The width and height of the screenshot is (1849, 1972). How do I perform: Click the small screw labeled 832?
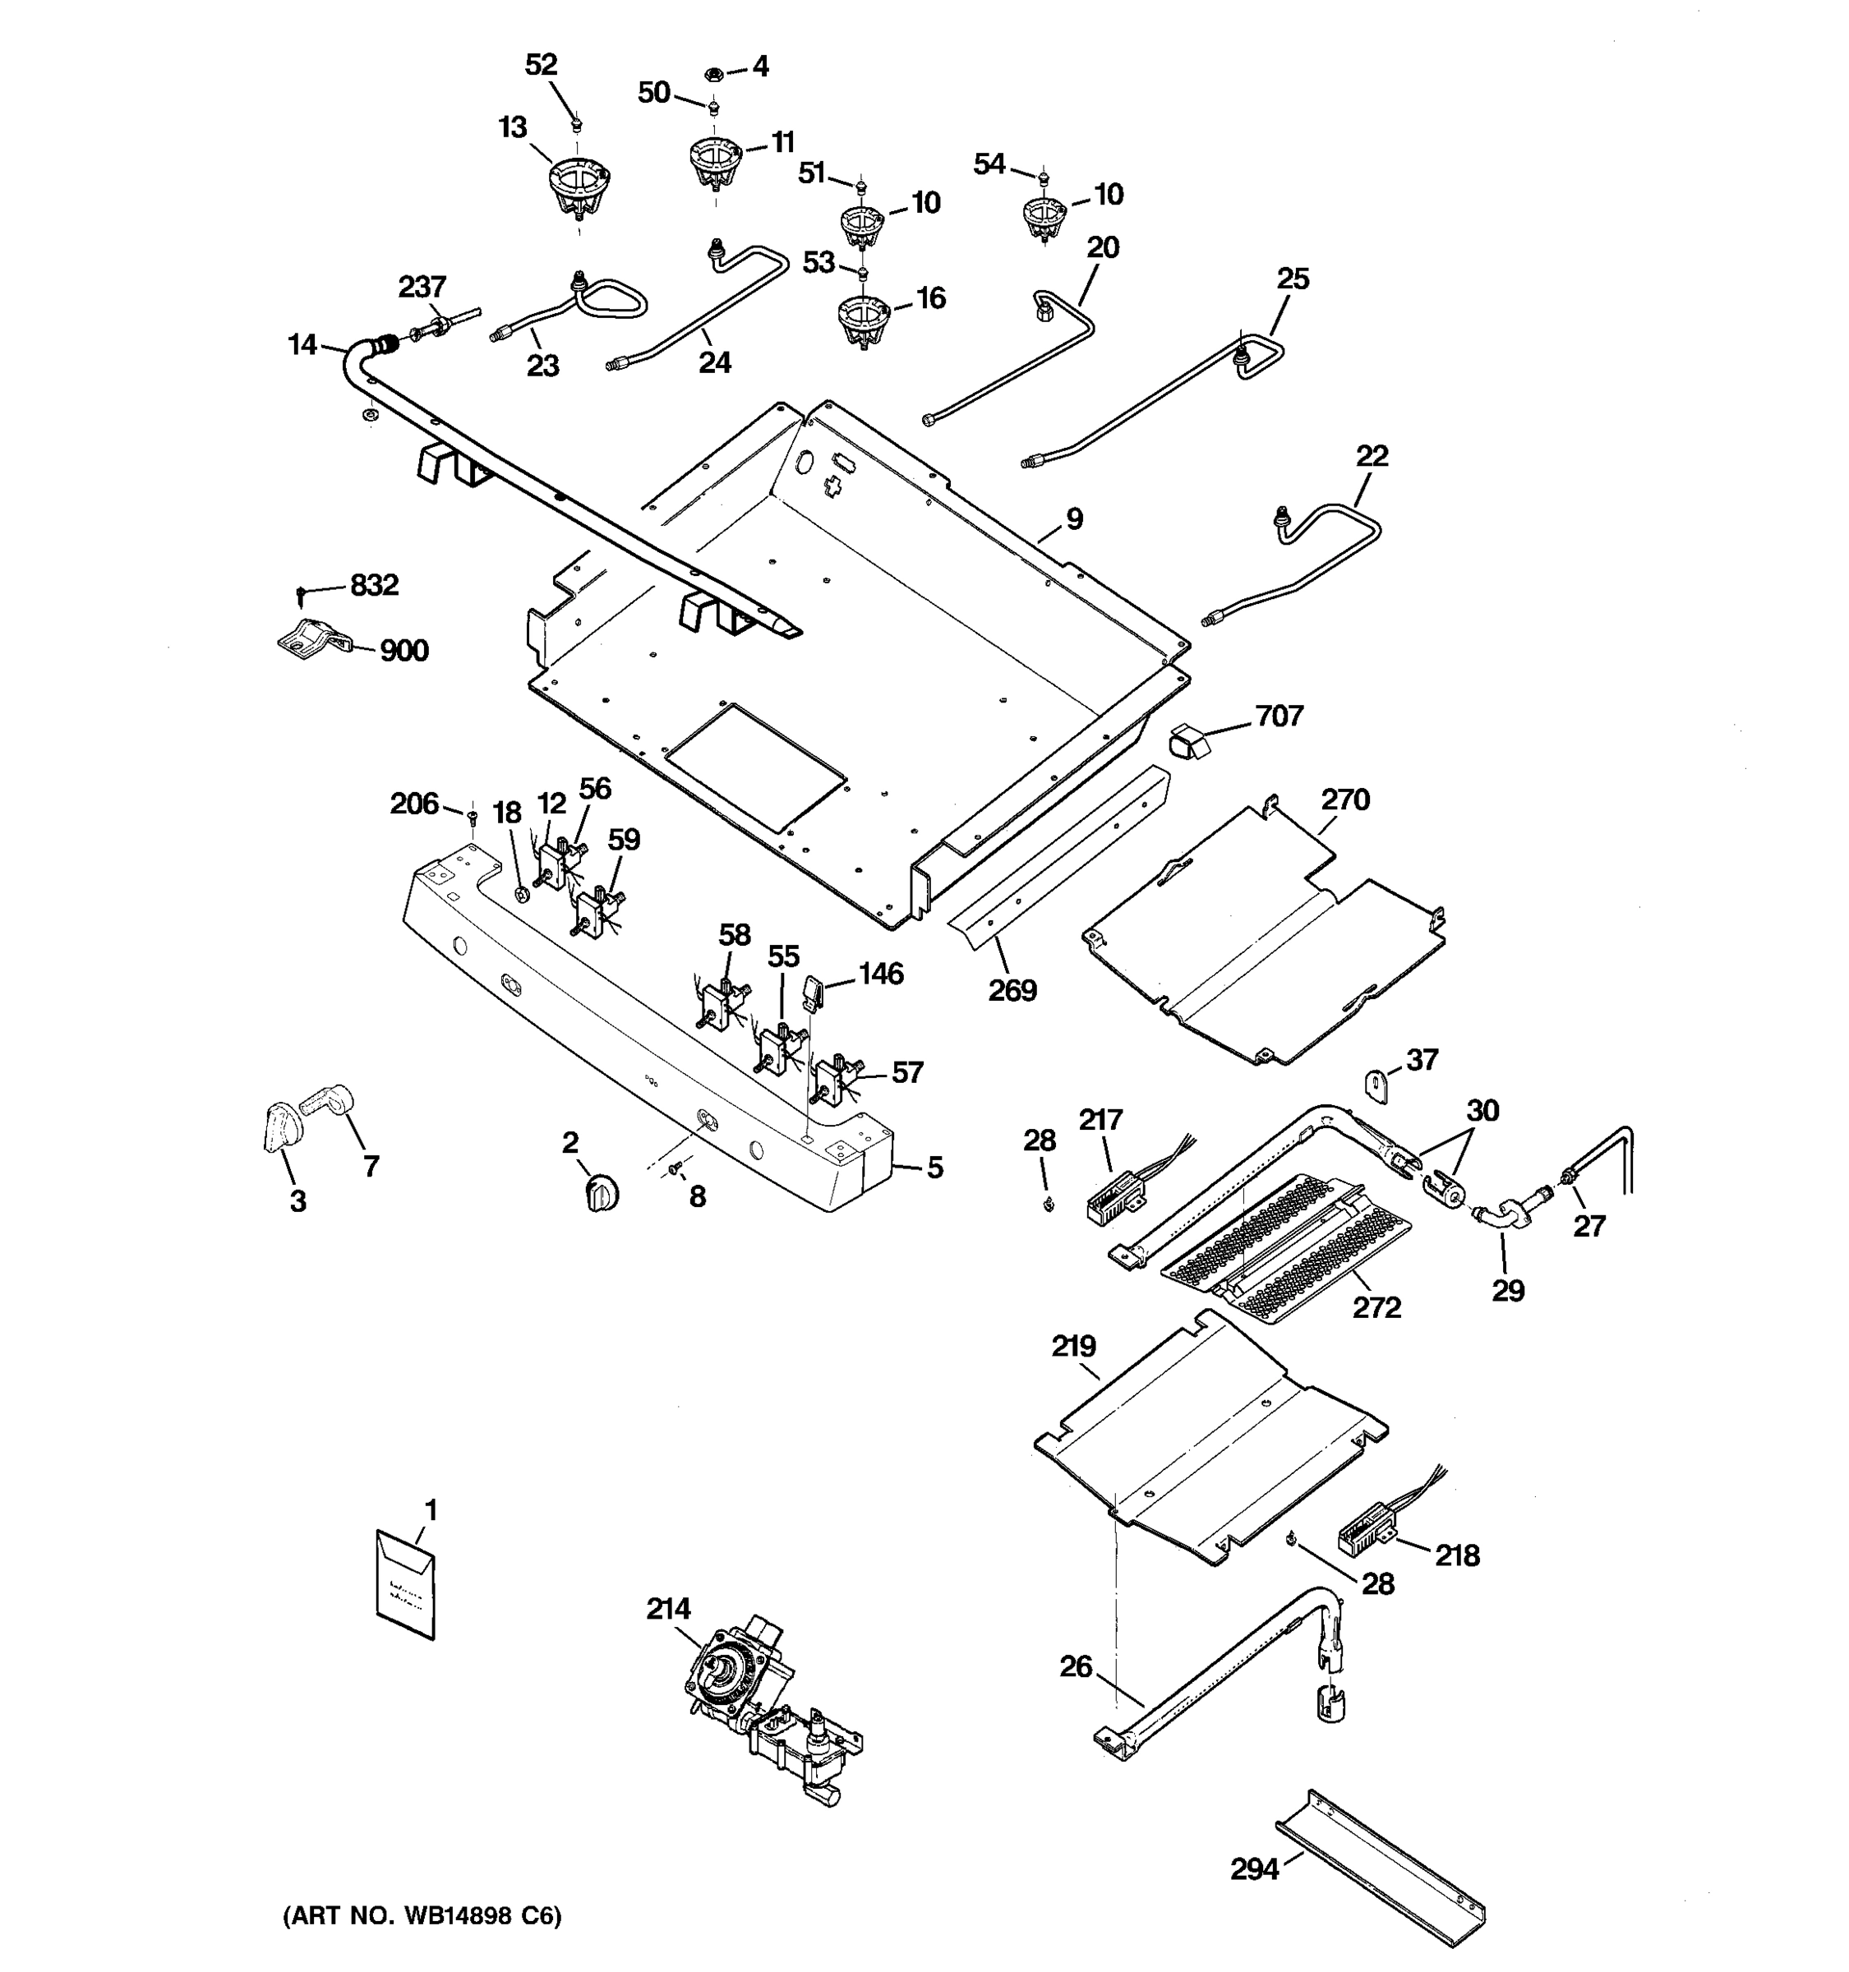click(x=302, y=593)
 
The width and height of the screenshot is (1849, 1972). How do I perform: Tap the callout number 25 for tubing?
click(x=1293, y=279)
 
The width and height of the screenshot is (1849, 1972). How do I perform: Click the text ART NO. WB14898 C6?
click(x=422, y=1914)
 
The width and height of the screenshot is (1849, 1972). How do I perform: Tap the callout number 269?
click(x=1012, y=990)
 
